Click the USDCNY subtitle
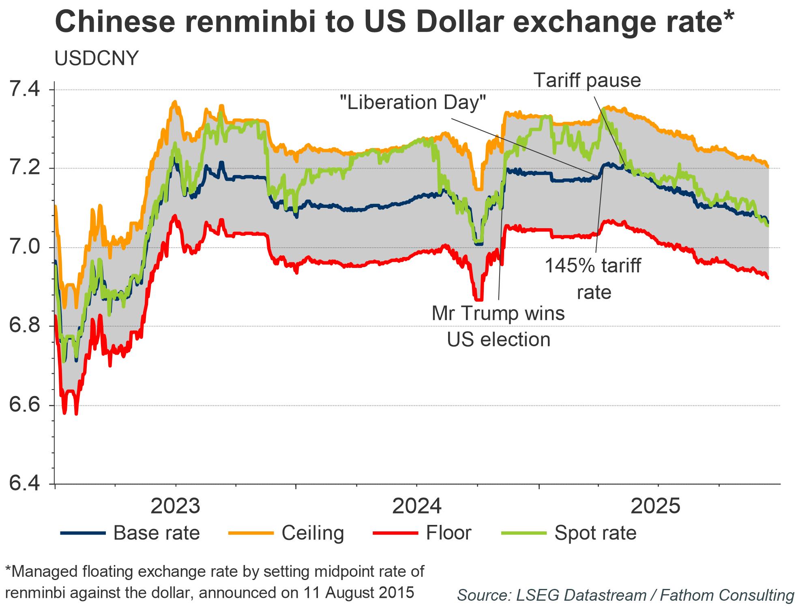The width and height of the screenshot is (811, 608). pyautogui.click(x=97, y=59)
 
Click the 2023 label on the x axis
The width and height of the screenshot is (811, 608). pyautogui.click(x=176, y=506)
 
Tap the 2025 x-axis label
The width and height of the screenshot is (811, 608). pyautogui.click(x=656, y=506)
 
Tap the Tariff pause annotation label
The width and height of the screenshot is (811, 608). pyautogui.click(x=587, y=80)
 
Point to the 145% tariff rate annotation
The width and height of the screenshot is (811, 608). pyautogui.click(x=593, y=279)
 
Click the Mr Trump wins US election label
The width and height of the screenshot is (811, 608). pyautogui.click(x=498, y=326)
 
